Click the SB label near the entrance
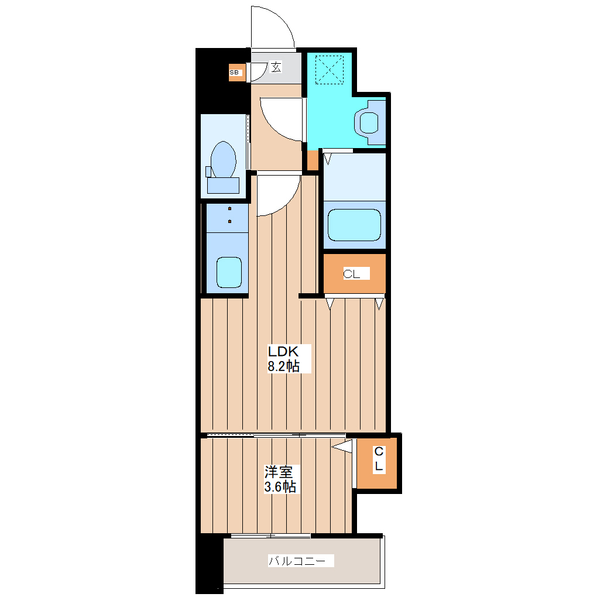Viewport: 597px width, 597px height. (x=234, y=73)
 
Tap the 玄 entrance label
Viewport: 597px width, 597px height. (x=276, y=67)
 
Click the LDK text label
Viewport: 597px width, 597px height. (x=283, y=351)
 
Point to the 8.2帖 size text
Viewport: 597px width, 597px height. (x=284, y=366)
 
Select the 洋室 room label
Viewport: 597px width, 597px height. (x=279, y=472)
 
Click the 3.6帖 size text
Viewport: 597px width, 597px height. (x=280, y=486)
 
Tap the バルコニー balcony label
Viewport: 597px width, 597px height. (x=297, y=561)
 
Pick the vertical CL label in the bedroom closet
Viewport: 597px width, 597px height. (x=379, y=459)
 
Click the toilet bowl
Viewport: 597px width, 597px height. (x=223, y=160)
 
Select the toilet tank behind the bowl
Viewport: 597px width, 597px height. (x=223, y=186)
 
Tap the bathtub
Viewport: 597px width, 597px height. (x=355, y=225)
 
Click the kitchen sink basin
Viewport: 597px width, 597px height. (x=229, y=272)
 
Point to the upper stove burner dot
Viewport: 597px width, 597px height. (x=229, y=208)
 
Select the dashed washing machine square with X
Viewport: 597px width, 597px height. (x=330, y=70)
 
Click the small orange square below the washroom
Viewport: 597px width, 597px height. (x=313, y=160)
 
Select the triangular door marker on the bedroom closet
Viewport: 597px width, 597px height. (x=342, y=446)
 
